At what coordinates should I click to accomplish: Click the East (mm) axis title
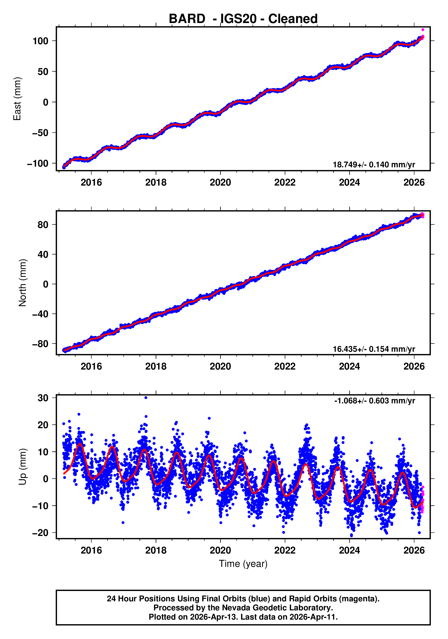tap(17, 99)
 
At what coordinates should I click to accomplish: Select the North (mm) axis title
tap(22, 283)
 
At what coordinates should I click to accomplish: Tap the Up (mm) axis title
tap(22, 467)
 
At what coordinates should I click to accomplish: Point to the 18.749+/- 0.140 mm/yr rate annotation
tap(374, 165)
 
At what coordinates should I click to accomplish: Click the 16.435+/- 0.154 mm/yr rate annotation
tap(374, 349)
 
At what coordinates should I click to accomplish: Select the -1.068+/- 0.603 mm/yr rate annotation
tap(374, 401)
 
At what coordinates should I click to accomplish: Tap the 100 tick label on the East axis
tap(41, 41)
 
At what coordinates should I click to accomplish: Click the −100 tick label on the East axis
tap(38, 164)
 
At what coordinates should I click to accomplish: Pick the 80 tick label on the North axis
tap(43, 225)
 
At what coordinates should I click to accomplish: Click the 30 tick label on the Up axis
tap(43, 398)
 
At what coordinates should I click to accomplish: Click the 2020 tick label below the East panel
tap(220, 183)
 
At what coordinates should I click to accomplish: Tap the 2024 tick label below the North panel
tap(349, 367)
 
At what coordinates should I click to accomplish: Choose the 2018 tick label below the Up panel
tap(156, 550)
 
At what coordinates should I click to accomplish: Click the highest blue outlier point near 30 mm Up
tap(146, 398)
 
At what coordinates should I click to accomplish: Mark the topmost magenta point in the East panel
tap(423, 30)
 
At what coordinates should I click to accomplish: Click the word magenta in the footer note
tap(360, 599)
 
